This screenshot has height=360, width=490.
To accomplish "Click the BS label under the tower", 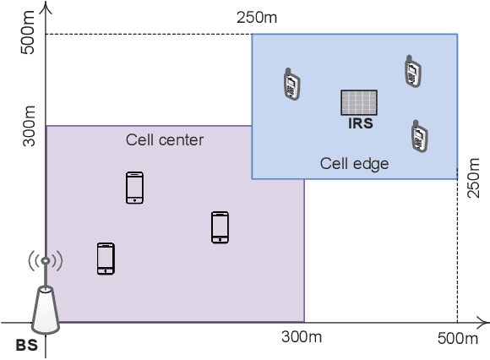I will point(27,345).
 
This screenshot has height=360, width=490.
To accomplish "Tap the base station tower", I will point(45,308).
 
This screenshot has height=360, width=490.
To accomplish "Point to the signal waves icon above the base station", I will point(46,261).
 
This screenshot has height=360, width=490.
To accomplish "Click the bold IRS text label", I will point(360,123).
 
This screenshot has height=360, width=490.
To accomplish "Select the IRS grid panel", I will point(359,102).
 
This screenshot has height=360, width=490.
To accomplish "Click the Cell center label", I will point(165,139).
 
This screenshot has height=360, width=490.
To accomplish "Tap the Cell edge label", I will point(354,164).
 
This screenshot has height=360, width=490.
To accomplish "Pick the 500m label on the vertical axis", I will point(27,35).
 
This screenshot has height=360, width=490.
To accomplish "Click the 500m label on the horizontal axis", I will point(458,339).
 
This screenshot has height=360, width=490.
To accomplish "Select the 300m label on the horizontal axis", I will point(302,337).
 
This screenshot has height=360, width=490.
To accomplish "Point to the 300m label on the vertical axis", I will point(28,124).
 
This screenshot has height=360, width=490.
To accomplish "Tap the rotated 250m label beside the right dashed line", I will point(473,193).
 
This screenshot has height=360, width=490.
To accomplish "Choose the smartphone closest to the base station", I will point(106,259).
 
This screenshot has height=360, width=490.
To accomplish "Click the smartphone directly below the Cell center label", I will point(134,188).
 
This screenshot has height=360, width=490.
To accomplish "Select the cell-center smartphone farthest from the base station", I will point(220,227).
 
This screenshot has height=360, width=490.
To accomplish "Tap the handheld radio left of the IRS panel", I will point(291,82).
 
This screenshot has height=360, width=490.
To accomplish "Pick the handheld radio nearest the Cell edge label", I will point(416,135).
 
